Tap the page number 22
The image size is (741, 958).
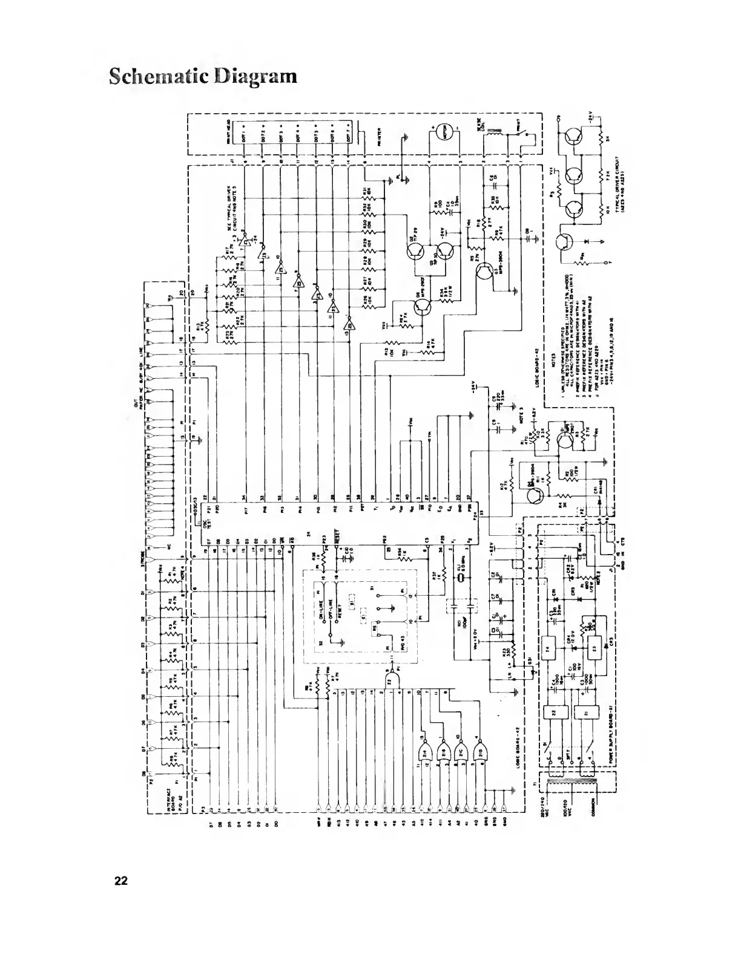[x=122, y=880]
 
